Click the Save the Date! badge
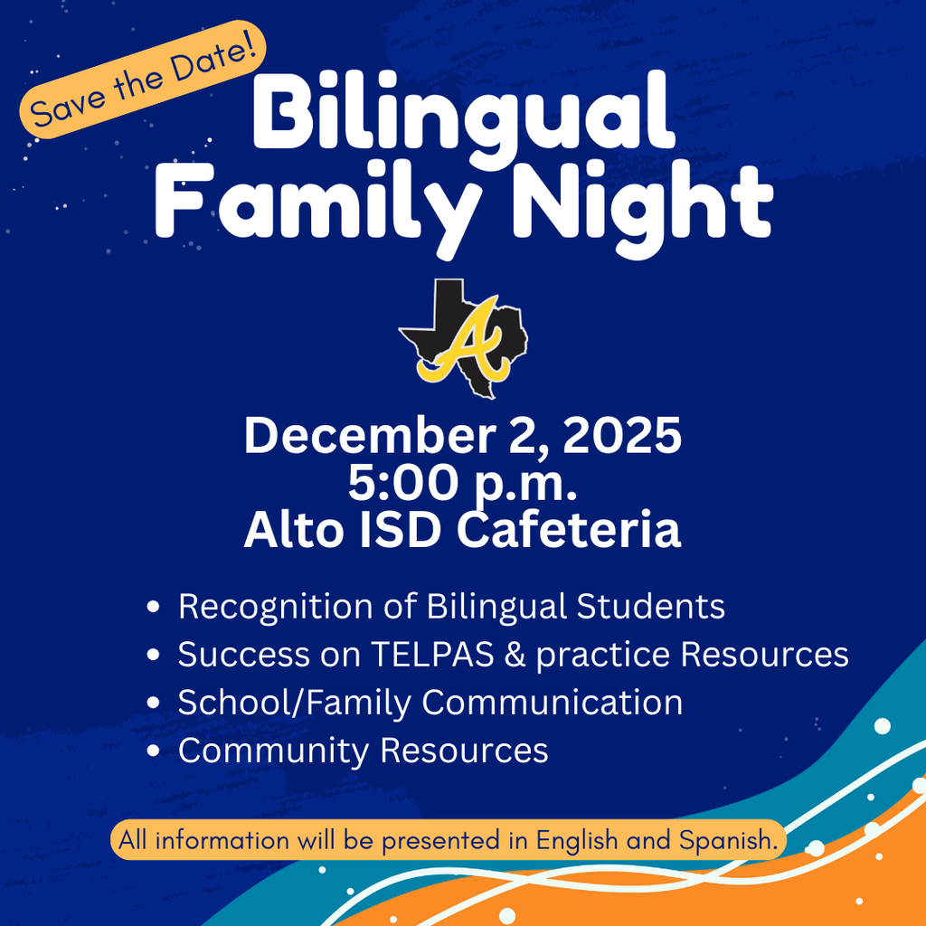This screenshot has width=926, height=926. [143, 80]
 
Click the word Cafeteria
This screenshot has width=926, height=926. [568, 531]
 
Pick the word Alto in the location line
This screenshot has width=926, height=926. [286, 531]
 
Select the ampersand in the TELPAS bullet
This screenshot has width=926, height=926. [514, 655]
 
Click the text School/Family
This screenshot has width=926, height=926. [295, 704]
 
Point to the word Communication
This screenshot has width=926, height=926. [552, 704]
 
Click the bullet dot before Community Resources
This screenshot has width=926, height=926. [154, 751]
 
